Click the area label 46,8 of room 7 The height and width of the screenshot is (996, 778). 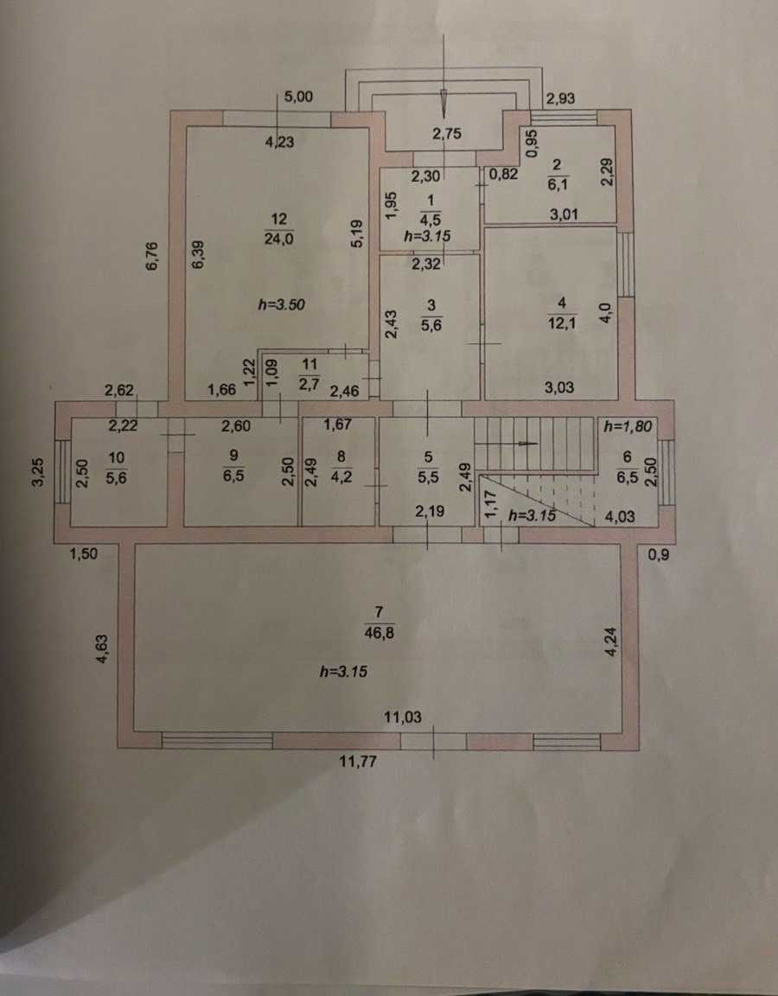pyautogui.click(x=379, y=633)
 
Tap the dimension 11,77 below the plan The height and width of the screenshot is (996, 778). pyautogui.click(x=358, y=761)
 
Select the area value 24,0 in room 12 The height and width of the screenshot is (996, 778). pyautogui.click(x=279, y=239)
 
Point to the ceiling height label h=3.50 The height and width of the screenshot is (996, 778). pyautogui.click(x=281, y=305)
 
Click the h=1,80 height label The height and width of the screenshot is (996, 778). pyautogui.click(x=628, y=427)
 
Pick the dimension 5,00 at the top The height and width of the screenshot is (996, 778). pyautogui.click(x=298, y=97)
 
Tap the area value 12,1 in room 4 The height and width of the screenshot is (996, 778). pyautogui.click(x=562, y=322)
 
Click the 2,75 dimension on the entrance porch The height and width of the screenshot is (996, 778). pyautogui.click(x=446, y=133)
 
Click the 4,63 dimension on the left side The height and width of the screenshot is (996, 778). pyautogui.click(x=102, y=648)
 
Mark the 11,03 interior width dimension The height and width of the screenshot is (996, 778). pyautogui.click(x=403, y=717)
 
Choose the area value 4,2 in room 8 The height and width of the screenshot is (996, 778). pyautogui.click(x=341, y=476)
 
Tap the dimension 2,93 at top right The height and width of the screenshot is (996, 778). pyautogui.click(x=561, y=98)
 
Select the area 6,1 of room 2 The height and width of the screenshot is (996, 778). pyautogui.click(x=557, y=185)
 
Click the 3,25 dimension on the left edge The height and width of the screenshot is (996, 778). pyautogui.click(x=39, y=472)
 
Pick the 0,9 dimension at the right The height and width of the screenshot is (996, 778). pyautogui.click(x=659, y=554)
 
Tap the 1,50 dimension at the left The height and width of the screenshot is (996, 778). pyautogui.click(x=83, y=553)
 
